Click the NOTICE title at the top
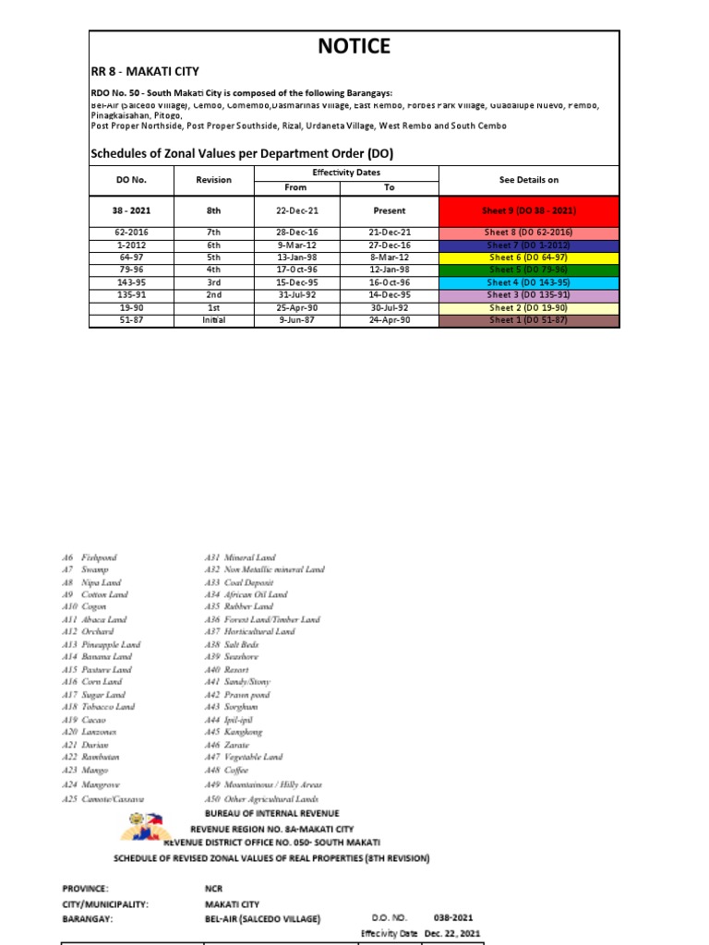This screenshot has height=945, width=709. click(354, 46)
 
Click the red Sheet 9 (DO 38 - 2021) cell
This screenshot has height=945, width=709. click(529, 210)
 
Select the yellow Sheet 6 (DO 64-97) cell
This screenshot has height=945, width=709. click(529, 257)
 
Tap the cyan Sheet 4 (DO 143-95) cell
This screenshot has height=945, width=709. click(529, 282)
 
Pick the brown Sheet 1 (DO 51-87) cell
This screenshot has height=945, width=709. click(529, 320)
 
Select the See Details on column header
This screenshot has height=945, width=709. click(529, 180)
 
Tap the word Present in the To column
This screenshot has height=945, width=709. click(390, 210)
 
